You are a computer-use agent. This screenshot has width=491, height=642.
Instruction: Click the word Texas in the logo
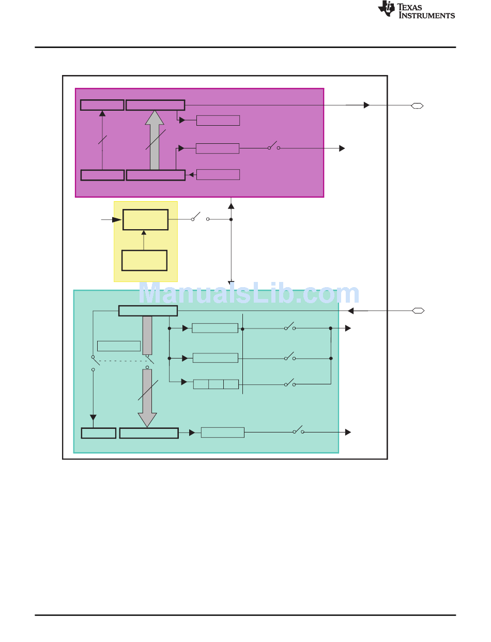click(x=409, y=7)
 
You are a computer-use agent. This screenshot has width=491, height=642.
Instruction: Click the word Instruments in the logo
click(x=426, y=16)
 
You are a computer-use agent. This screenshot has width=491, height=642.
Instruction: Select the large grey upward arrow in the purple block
click(x=155, y=140)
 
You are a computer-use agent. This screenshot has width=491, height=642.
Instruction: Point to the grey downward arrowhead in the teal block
click(x=147, y=420)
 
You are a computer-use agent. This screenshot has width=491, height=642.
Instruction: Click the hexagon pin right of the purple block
click(x=417, y=106)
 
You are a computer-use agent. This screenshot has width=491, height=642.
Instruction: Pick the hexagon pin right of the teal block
click(x=418, y=311)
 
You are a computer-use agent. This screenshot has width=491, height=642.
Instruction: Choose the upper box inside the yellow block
click(x=145, y=219)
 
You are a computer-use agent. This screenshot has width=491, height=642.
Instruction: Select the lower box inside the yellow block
click(x=144, y=260)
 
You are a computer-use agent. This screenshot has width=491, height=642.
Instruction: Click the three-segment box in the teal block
click(x=216, y=384)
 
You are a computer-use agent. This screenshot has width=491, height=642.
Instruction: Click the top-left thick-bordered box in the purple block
click(x=102, y=105)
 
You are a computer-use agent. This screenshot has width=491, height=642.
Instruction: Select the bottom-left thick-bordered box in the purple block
click(x=102, y=175)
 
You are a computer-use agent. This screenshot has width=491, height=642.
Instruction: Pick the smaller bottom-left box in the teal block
click(x=99, y=433)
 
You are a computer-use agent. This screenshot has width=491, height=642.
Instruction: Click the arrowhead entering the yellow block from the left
click(x=117, y=219)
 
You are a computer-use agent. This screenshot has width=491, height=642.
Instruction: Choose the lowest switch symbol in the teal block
click(x=298, y=430)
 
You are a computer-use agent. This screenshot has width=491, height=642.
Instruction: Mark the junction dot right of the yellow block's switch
click(x=231, y=219)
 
